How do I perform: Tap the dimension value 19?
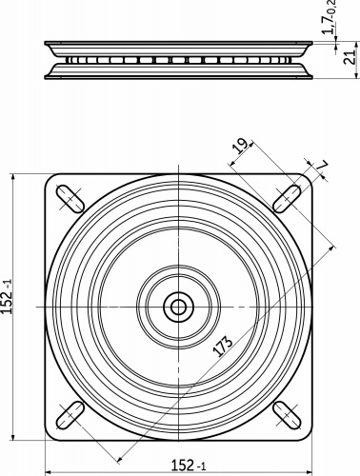click(x=240, y=146)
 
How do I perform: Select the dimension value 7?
click(x=322, y=165)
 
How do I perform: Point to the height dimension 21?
click(x=350, y=57)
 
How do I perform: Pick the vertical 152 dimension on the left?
click(x=7, y=297)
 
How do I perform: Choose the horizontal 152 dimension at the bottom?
click(x=189, y=466)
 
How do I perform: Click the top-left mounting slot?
click(x=70, y=199)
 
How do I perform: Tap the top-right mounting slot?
click(x=288, y=198)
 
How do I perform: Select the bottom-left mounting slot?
click(x=70, y=415)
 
